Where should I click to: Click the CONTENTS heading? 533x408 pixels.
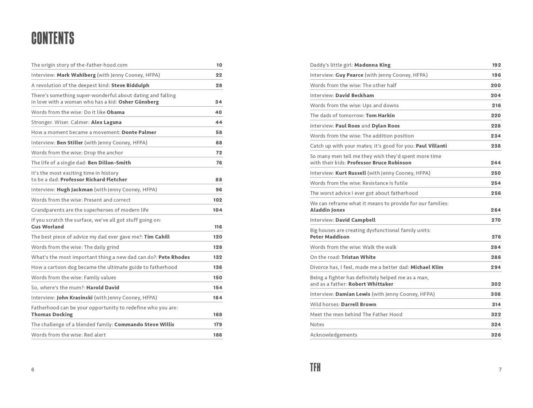[x=53, y=38]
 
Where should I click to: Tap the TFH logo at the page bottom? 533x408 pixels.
[x=315, y=367]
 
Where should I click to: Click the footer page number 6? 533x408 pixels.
[x=33, y=370]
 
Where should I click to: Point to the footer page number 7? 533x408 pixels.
[x=500, y=370]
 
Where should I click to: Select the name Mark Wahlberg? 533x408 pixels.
[x=76, y=75]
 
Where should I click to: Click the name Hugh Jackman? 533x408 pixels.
[x=75, y=190]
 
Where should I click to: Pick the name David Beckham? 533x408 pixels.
[x=355, y=95]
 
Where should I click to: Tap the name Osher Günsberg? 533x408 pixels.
[x=139, y=102]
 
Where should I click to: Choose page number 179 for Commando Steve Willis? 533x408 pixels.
[x=218, y=324]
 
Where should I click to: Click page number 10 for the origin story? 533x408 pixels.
[x=219, y=65]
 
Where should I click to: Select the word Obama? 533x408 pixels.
[x=115, y=112]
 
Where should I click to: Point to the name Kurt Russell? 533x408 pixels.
[x=350, y=173]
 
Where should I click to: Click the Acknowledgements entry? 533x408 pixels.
[x=333, y=335]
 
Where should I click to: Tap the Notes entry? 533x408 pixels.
[x=317, y=324]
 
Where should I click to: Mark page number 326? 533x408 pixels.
[x=496, y=335]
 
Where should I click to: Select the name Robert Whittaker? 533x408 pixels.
[x=371, y=284]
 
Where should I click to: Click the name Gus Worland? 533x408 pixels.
[x=47, y=227]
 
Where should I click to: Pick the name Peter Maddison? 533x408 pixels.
[x=329, y=237]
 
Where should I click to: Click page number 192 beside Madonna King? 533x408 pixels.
[x=496, y=65]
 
